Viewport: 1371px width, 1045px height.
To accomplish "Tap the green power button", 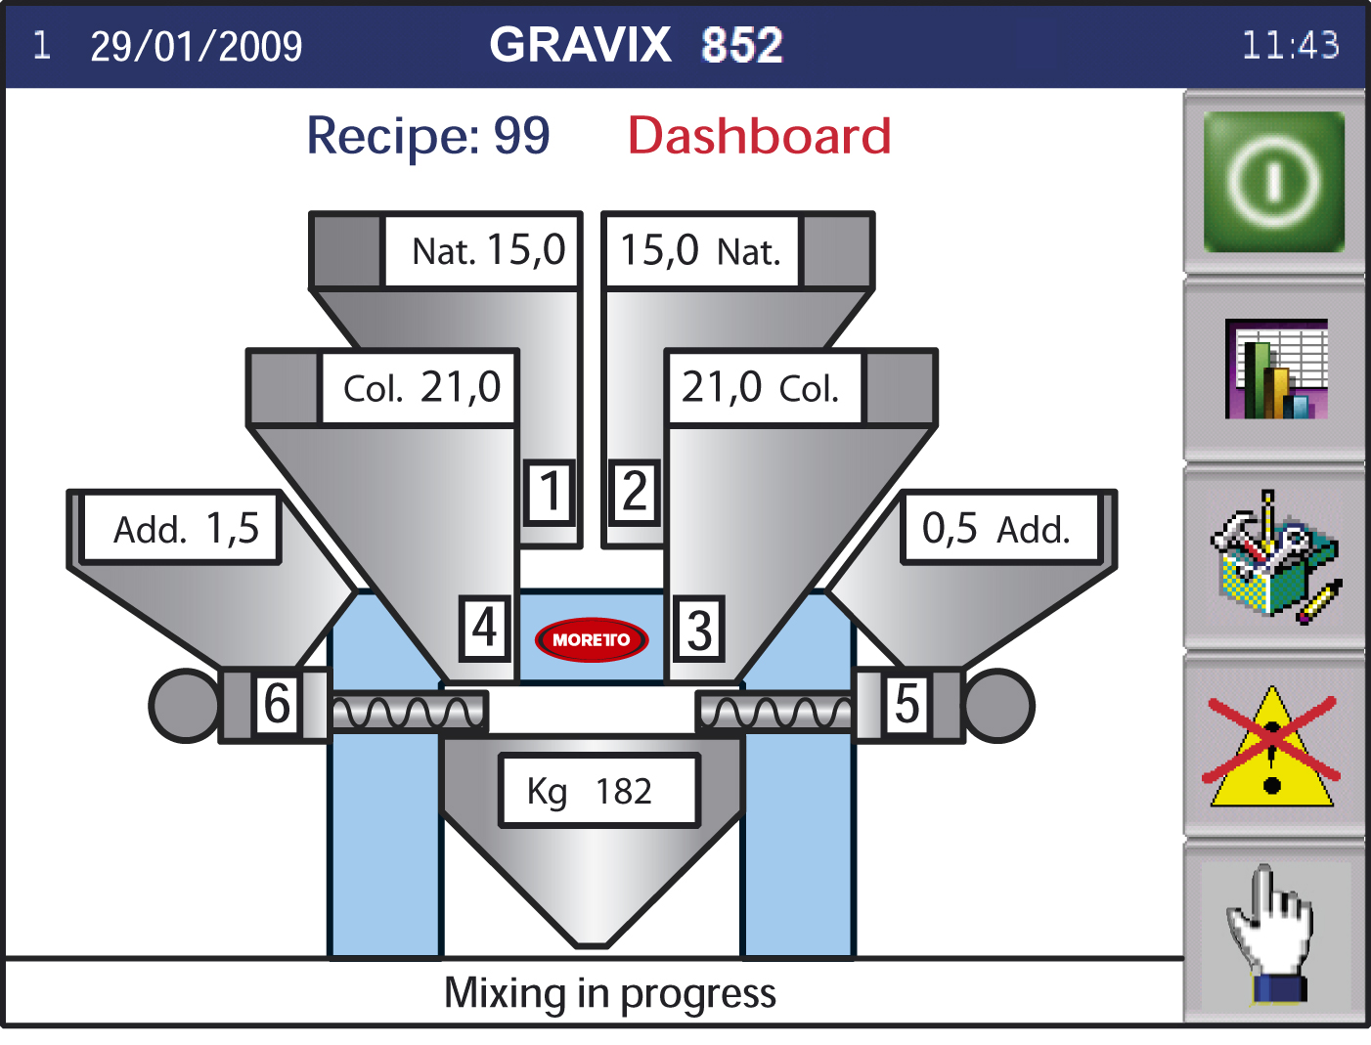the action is click(x=1273, y=182).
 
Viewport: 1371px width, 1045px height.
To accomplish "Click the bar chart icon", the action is click(x=1276, y=369).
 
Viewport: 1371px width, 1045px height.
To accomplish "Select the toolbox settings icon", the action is click(x=1276, y=557).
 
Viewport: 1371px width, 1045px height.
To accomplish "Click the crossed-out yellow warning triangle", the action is click(x=1271, y=747).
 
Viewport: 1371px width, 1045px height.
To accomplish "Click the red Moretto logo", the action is click(x=592, y=640).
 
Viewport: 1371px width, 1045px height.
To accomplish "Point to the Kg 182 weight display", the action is click(x=599, y=790).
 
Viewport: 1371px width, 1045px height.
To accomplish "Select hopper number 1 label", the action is click(x=550, y=492).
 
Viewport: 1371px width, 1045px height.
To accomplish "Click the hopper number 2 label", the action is click(x=635, y=492).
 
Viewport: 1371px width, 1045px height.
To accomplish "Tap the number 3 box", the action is click(x=699, y=629).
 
